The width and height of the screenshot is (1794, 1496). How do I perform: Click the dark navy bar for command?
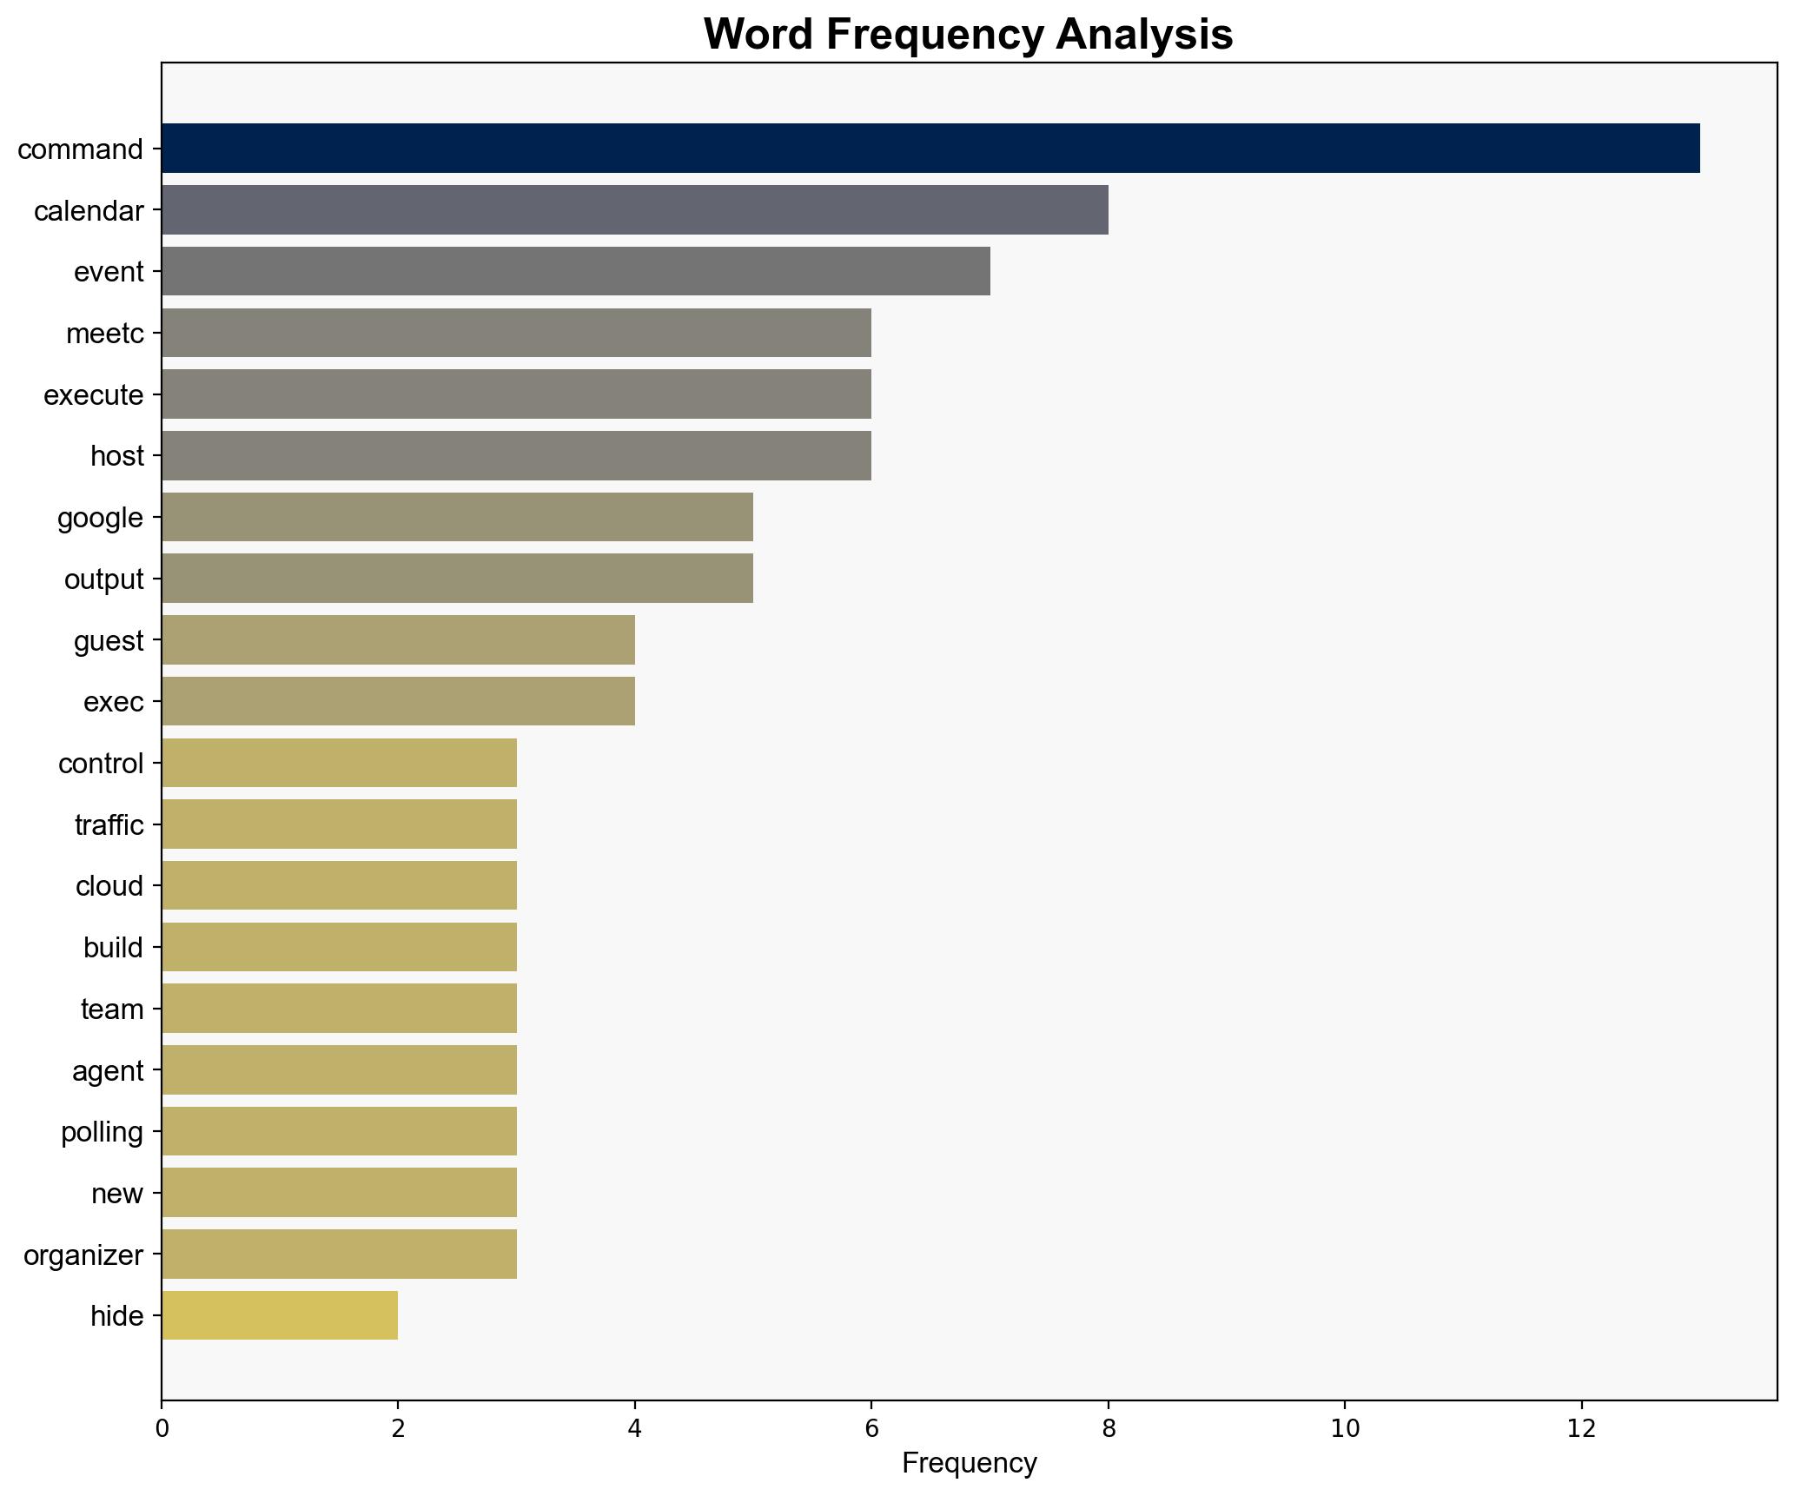[x=930, y=149]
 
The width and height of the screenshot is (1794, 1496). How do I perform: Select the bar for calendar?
[x=634, y=210]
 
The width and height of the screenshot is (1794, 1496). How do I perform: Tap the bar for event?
[x=575, y=271]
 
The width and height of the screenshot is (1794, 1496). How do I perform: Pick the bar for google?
[x=457, y=517]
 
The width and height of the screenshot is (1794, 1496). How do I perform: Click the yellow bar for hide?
[x=280, y=1315]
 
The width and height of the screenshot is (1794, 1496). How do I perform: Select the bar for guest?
[x=398, y=640]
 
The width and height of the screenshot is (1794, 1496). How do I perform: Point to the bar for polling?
[x=339, y=1131]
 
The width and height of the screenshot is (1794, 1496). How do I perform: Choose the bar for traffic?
[x=339, y=824]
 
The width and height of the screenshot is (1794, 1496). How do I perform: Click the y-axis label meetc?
[x=105, y=334]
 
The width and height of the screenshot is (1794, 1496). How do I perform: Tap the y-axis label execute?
[x=94, y=395]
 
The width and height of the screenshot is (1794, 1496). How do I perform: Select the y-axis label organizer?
[x=83, y=1254]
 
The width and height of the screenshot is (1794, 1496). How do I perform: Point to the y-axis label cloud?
[x=109, y=886]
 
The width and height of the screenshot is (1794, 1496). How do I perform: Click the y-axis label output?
[x=104, y=579]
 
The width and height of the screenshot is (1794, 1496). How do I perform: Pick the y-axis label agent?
[x=108, y=1070]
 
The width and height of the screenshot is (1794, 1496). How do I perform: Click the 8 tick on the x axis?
[x=1108, y=1405]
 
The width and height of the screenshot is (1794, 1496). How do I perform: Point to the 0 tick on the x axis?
[x=162, y=1405]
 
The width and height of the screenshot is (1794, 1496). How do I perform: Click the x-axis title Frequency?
[x=969, y=1463]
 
